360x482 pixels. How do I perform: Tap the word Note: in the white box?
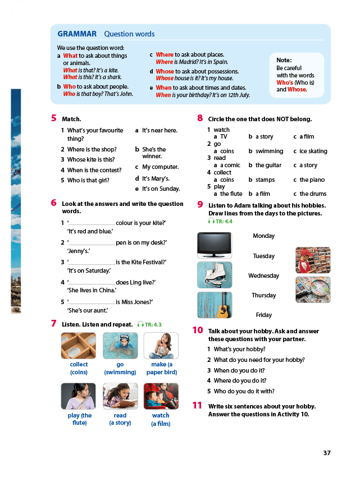point(284,60)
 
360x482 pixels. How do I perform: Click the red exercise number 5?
point(54,118)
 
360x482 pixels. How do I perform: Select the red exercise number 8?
point(200,118)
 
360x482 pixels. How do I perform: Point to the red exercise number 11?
point(197,405)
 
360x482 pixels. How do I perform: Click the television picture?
point(214,245)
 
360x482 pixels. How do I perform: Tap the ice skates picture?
point(214,275)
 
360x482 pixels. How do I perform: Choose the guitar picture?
point(214,305)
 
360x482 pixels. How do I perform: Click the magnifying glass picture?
point(313,290)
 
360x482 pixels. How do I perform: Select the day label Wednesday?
point(263,276)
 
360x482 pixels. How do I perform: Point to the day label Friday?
point(263,315)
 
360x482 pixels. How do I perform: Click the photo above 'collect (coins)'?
point(79,346)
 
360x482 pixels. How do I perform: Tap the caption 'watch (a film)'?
point(161,419)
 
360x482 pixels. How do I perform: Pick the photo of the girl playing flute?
point(79,396)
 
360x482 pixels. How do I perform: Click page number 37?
point(327,453)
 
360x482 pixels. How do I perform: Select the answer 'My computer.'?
point(160,167)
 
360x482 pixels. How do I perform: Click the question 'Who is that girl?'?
point(88,181)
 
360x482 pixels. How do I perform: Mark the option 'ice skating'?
point(313,152)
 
